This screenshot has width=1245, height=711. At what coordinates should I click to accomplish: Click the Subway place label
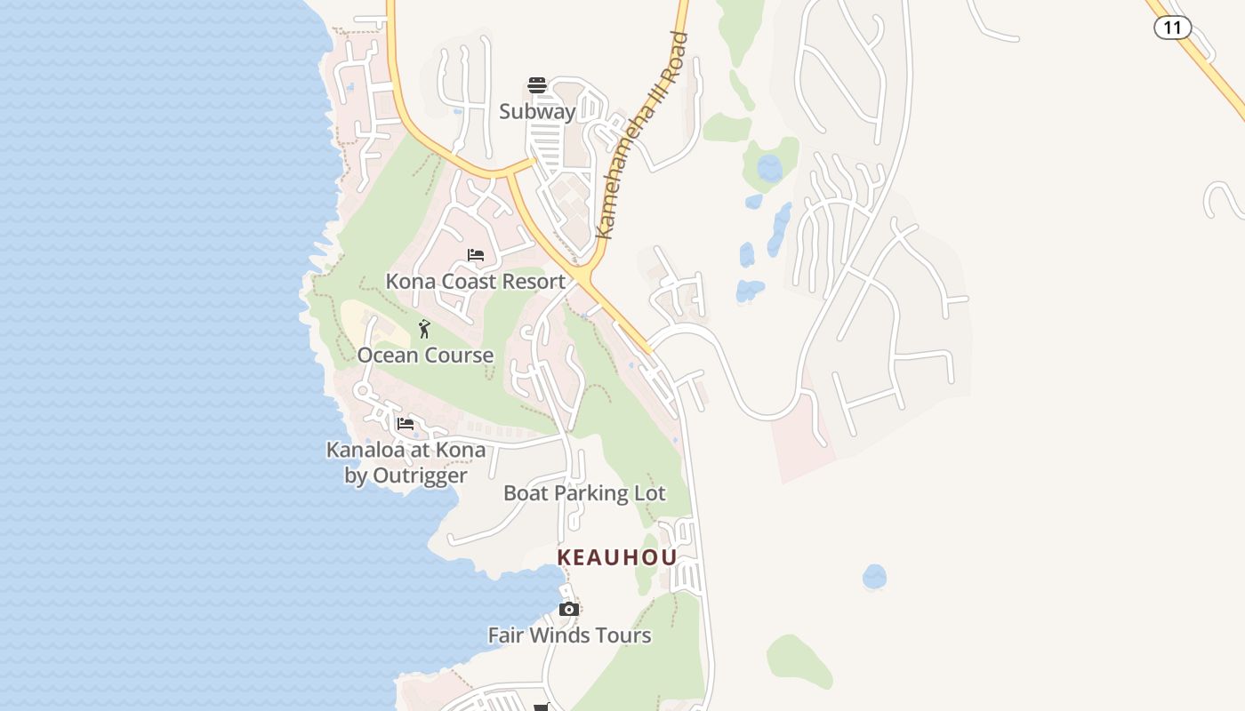(x=537, y=112)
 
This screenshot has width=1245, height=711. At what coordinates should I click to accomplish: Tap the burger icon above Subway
(x=537, y=85)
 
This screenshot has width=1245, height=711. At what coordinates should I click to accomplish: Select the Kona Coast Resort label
(x=475, y=282)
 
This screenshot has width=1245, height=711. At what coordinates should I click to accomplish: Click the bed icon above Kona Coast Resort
(x=476, y=256)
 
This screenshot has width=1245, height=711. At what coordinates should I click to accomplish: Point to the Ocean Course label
(x=425, y=355)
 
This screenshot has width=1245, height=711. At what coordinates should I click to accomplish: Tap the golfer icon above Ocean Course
(x=424, y=330)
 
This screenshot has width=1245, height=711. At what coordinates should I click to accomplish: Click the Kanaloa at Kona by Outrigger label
(x=406, y=462)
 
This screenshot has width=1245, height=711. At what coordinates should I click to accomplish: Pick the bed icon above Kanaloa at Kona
(x=406, y=424)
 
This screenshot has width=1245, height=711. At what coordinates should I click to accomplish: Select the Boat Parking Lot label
(x=584, y=493)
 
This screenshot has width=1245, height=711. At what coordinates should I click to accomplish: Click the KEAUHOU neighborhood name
(x=617, y=557)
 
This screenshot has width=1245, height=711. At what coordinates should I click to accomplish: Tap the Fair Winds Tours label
(x=569, y=635)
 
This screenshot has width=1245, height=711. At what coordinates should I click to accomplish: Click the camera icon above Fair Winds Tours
(x=569, y=610)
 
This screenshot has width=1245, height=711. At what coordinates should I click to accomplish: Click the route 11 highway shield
(x=1172, y=28)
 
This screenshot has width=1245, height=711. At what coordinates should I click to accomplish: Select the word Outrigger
(x=419, y=475)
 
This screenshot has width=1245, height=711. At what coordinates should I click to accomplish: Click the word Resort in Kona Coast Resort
(x=532, y=282)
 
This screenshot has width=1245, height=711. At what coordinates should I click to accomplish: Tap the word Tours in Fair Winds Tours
(x=622, y=635)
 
